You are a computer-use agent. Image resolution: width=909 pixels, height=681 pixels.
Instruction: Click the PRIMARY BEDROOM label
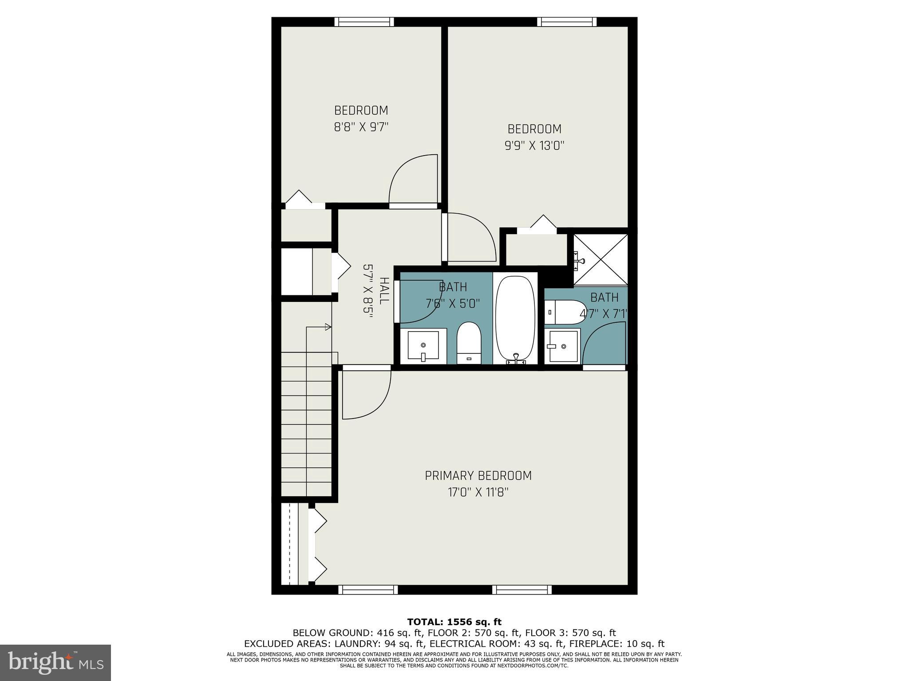478,476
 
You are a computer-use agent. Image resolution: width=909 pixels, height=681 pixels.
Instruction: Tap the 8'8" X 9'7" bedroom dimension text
361,127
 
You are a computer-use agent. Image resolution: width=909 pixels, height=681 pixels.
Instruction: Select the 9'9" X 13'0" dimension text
534,146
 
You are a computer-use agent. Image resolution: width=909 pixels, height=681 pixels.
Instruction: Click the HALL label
384,290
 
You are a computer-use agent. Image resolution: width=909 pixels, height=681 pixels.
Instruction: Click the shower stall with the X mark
601,259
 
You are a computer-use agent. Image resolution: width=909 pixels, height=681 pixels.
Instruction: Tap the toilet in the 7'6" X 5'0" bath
469,343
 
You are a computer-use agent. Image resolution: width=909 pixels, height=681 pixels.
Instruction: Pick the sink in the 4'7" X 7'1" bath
563,346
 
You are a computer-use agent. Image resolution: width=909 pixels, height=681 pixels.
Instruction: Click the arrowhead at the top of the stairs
328,327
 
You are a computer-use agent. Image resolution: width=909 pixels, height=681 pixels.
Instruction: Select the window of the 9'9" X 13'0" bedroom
566,22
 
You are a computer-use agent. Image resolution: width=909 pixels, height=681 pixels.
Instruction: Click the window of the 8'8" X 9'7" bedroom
364,22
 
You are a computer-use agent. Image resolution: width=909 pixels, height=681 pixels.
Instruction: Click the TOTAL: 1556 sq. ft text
454,622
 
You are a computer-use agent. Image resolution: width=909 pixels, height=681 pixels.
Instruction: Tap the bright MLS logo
55,663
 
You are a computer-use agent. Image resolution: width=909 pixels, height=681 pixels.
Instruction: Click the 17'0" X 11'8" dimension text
478,493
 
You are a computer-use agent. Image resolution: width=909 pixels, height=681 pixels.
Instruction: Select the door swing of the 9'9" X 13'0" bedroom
470,237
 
